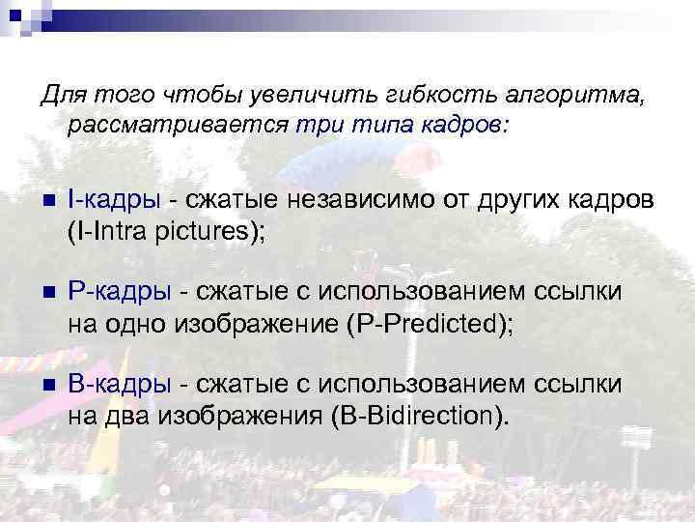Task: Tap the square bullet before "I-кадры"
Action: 47,200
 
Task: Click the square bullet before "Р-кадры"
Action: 47,293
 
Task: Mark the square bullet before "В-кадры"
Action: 47,386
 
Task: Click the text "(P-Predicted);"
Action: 429,324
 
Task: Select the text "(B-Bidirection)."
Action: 417,417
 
